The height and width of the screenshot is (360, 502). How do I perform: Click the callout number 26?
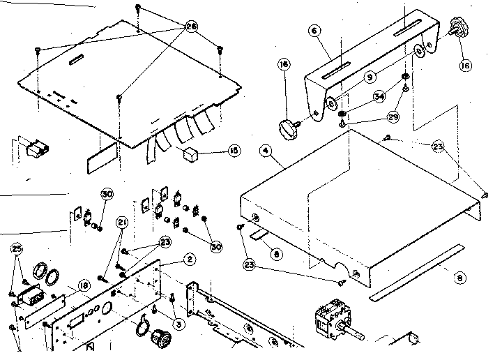(x=190, y=26)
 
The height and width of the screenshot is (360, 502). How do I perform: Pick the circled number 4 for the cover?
(x=266, y=149)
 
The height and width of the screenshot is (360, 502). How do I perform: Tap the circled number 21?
(x=123, y=223)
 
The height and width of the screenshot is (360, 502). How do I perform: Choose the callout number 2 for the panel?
(x=188, y=258)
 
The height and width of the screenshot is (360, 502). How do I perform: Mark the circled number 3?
(x=178, y=324)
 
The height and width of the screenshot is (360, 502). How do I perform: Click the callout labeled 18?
(x=83, y=285)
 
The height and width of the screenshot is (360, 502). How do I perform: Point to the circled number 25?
(x=18, y=248)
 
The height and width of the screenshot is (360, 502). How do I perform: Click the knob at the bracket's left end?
(x=287, y=127)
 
